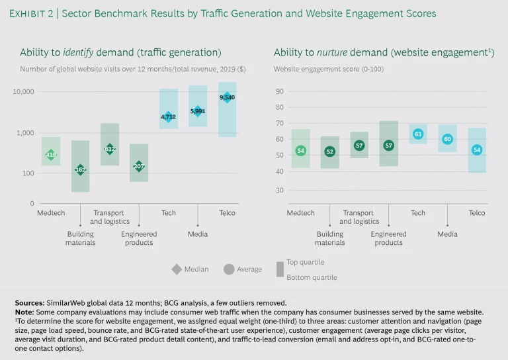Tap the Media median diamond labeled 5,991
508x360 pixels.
click(197, 111)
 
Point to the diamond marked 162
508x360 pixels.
click(81, 170)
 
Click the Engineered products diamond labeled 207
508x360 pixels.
click(139, 166)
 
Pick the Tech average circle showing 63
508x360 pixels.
click(417, 134)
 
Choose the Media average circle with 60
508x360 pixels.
click(447, 139)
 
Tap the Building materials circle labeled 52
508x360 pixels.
click(330, 152)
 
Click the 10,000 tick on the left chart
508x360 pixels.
click(23, 92)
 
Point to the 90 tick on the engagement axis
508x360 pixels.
click(280, 91)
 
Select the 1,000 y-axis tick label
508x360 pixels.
click(25, 133)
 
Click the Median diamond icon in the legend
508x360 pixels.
click(177, 269)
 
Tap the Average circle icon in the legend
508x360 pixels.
click(229, 269)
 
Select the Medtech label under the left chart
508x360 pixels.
click(51, 213)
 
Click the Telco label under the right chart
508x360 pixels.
click(476, 213)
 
